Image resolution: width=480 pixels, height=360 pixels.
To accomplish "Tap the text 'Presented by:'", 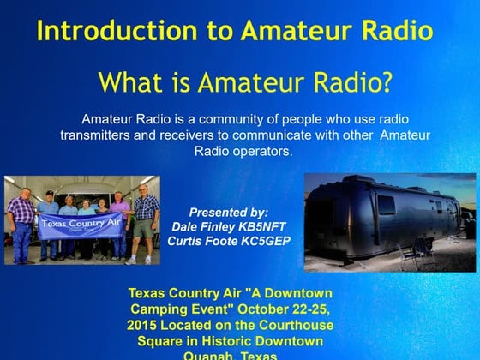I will point(228,211).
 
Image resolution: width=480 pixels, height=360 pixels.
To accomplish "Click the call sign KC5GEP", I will point(263,241).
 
